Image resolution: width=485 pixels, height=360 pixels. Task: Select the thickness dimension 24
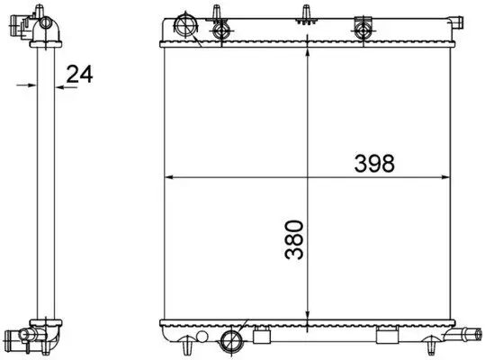(80, 76)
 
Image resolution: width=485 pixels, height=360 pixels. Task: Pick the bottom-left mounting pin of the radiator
(186, 346)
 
